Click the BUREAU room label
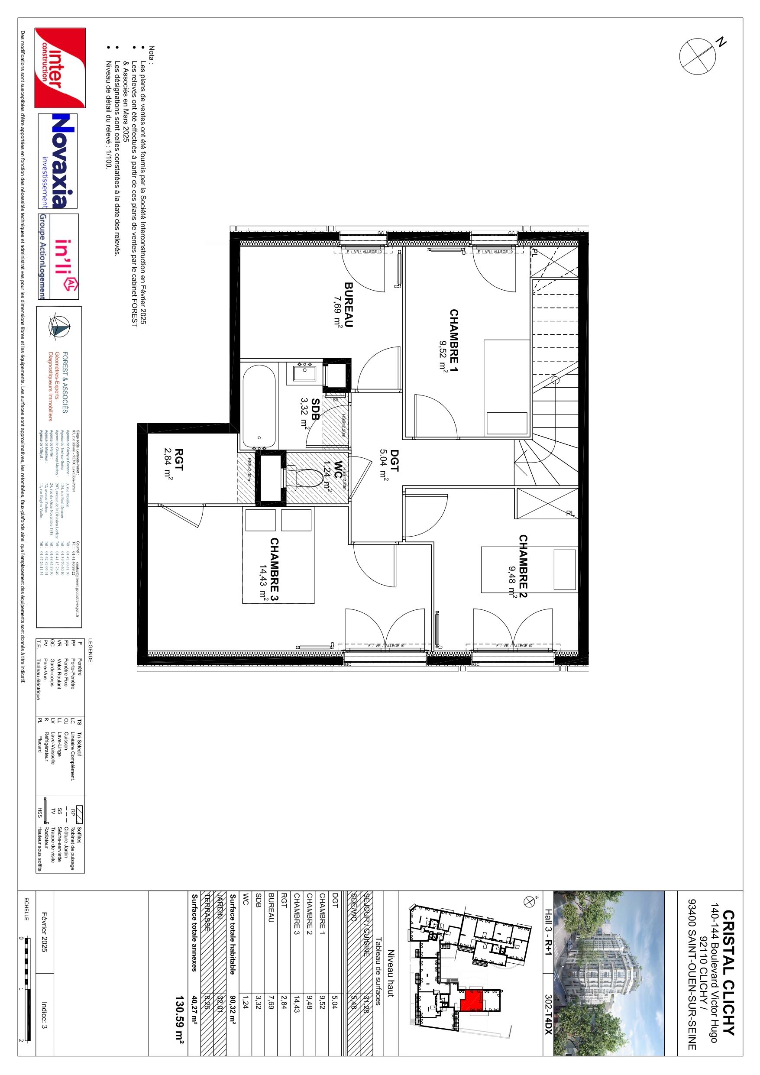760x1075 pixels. click(x=349, y=304)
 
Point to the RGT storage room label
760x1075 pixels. click(x=178, y=463)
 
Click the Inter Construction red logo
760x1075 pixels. click(x=60, y=68)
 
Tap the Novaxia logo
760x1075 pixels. click(x=58, y=161)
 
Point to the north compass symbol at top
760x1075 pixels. click(x=697, y=56)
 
